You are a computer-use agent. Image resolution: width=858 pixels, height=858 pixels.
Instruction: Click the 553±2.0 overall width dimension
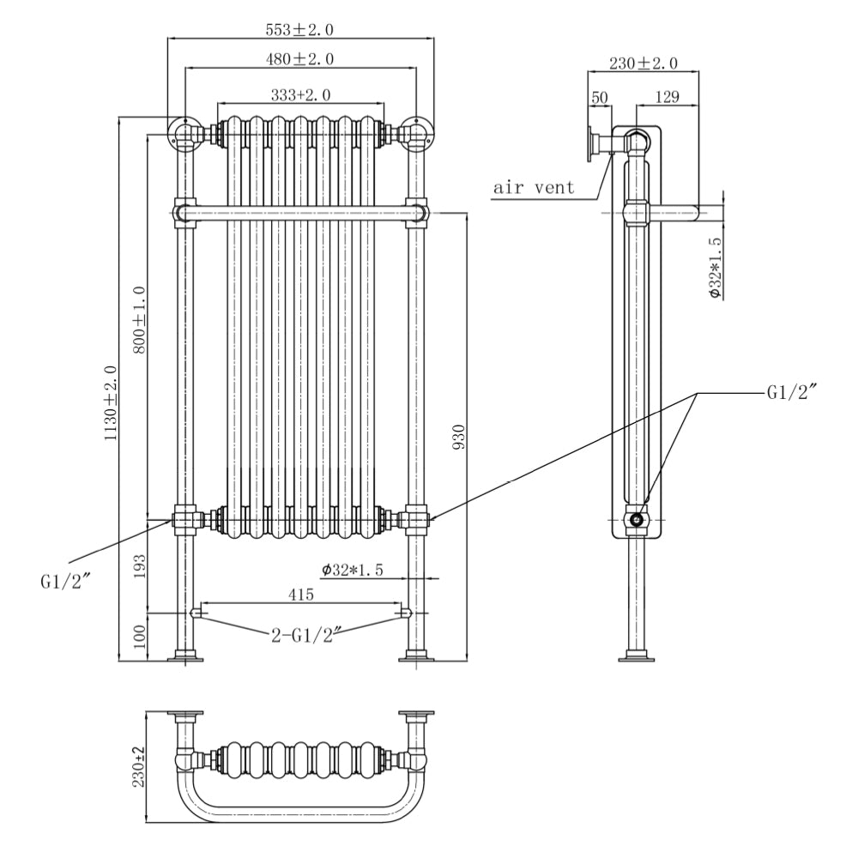pyautogui.click(x=299, y=29)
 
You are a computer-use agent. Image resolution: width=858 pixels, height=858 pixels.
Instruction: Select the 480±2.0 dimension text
pyautogui.click(x=299, y=59)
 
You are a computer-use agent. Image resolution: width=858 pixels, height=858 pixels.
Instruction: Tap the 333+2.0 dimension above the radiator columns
pyautogui.click(x=299, y=94)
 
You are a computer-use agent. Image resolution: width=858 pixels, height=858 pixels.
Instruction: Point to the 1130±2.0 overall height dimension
pyautogui.click(x=110, y=403)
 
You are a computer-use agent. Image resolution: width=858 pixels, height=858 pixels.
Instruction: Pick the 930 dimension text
pyautogui.click(x=458, y=438)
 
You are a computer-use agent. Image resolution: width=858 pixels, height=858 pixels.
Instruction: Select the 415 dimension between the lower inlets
pyautogui.click(x=300, y=594)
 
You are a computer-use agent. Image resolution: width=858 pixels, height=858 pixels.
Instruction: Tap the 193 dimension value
pyautogui.click(x=140, y=566)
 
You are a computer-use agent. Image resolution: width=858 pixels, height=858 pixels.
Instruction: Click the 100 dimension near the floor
pyautogui.click(x=140, y=636)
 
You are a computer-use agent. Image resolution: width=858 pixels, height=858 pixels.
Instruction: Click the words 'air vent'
pyautogui.click(x=534, y=187)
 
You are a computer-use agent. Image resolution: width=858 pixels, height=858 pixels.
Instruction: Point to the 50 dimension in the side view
pyautogui.click(x=599, y=98)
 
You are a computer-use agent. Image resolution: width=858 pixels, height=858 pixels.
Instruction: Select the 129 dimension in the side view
pyautogui.click(x=665, y=98)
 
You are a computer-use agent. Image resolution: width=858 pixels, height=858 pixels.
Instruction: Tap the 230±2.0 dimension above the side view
pyautogui.click(x=643, y=63)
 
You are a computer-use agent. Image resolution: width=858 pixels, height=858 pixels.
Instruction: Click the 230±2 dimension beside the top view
pyautogui.click(x=140, y=766)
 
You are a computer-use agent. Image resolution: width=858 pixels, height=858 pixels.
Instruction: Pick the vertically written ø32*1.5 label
pyautogui.click(x=716, y=268)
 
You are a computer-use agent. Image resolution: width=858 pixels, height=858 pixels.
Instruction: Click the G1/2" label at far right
pyautogui.click(x=790, y=393)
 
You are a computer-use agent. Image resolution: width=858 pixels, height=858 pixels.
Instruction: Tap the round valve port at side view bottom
pyautogui.click(x=637, y=519)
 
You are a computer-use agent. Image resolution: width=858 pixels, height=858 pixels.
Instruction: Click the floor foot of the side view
pyautogui.click(x=637, y=658)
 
